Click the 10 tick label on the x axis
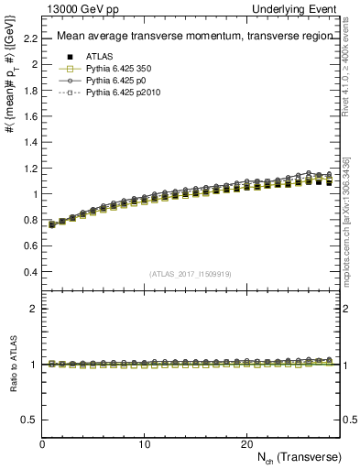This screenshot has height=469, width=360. pos(145,442)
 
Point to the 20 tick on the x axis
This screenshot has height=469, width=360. pos(246,442)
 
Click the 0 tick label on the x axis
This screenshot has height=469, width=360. pos(43,442)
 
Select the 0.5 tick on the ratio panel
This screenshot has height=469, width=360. pos(29,419)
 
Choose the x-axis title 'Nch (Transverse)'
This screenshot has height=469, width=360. pos(301,456)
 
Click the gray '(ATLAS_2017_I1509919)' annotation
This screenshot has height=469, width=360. pos(190,273)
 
